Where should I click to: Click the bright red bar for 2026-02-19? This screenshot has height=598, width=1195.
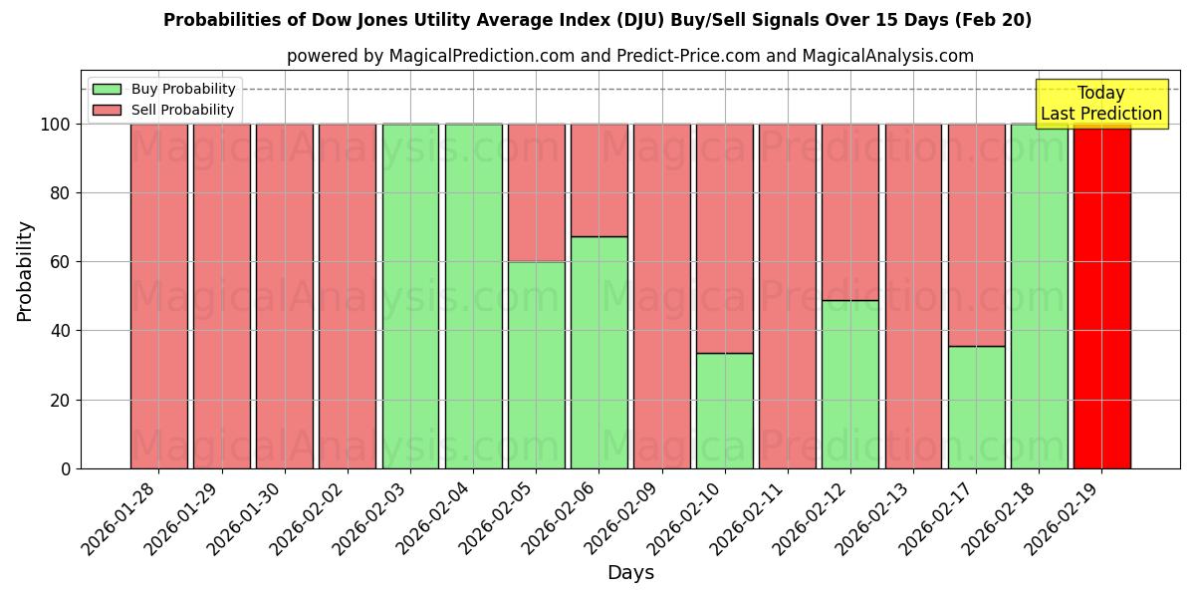click(x=1101, y=299)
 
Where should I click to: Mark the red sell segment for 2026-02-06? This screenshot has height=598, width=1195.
click(x=598, y=179)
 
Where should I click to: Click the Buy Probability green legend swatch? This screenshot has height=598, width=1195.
click(x=107, y=89)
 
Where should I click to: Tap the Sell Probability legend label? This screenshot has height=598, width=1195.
click(x=182, y=110)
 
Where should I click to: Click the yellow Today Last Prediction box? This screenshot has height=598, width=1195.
click(x=1100, y=104)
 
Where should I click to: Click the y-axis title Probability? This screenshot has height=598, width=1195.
click(x=25, y=271)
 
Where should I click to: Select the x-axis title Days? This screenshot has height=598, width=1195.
click(x=630, y=573)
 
